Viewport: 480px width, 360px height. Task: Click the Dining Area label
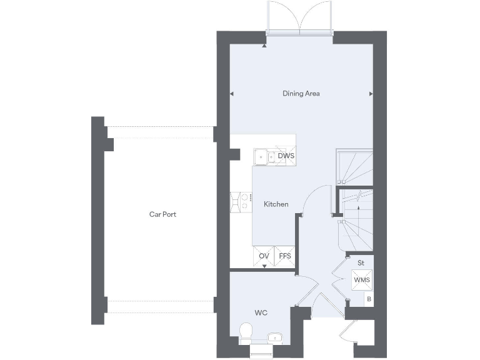(x=301, y=94)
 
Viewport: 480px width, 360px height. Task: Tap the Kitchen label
(x=276, y=204)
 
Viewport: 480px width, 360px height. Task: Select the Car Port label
(x=162, y=214)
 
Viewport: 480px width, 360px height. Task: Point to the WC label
(x=261, y=312)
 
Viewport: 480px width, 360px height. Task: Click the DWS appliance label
(x=286, y=156)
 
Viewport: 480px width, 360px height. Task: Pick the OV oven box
(x=264, y=256)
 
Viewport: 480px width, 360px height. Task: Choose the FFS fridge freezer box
(x=285, y=256)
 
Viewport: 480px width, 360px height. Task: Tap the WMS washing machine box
(x=361, y=279)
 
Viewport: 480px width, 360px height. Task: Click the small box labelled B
(x=369, y=299)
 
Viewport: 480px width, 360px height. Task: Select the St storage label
(x=361, y=262)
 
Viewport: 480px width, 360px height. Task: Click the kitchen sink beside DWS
(x=265, y=156)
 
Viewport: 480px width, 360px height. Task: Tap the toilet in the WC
(x=246, y=331)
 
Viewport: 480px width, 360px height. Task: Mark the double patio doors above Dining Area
(x=300, y=18)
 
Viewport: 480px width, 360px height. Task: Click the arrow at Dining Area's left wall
(x=232, y=94)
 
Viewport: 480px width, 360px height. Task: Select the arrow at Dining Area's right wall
(x=371, y=94)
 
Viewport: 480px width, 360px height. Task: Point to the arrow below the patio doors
(x=265, y=45)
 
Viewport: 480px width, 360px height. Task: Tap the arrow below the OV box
(x=264, y=267)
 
